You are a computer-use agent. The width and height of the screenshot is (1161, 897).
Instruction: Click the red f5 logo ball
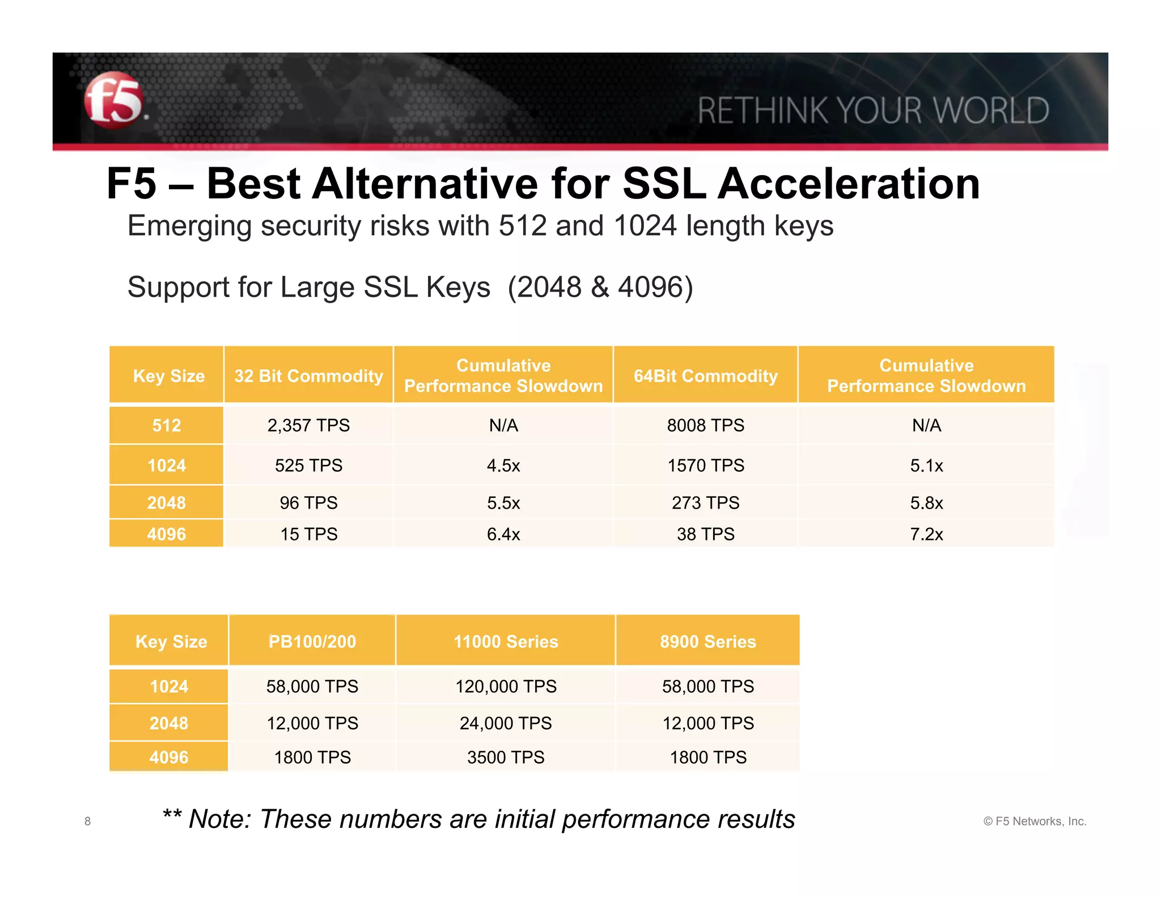coord(113,100)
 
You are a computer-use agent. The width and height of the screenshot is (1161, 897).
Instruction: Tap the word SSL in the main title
coord(664,184)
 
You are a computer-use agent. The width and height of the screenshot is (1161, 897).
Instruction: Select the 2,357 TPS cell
coord(308,425)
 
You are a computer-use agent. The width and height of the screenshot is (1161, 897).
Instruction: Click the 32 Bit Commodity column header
coord(308,376)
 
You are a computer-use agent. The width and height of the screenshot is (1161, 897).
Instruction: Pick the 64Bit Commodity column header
coord(705,376)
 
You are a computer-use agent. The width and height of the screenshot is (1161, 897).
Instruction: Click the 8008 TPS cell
coord(705,425)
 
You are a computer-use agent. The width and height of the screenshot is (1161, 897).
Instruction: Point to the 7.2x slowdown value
coord(926,534)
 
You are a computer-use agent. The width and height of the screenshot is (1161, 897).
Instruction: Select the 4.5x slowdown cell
coord(503,466)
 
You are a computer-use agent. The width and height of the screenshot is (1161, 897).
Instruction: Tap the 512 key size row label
coord(166,425)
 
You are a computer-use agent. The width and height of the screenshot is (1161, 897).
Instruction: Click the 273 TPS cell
coord(705,503)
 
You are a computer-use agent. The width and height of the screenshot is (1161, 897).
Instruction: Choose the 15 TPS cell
coord(308,534)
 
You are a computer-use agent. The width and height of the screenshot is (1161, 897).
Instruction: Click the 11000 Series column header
coord(506,641)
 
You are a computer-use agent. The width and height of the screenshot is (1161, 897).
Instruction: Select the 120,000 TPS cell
coord(506,687)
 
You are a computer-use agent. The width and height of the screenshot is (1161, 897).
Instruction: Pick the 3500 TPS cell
coord(506,758)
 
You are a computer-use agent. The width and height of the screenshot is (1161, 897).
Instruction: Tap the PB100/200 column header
coord(312,641)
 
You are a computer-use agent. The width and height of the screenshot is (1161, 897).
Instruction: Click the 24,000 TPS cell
coord(506,723)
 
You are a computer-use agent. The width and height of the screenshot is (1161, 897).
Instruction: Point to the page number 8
coord(87,821)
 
